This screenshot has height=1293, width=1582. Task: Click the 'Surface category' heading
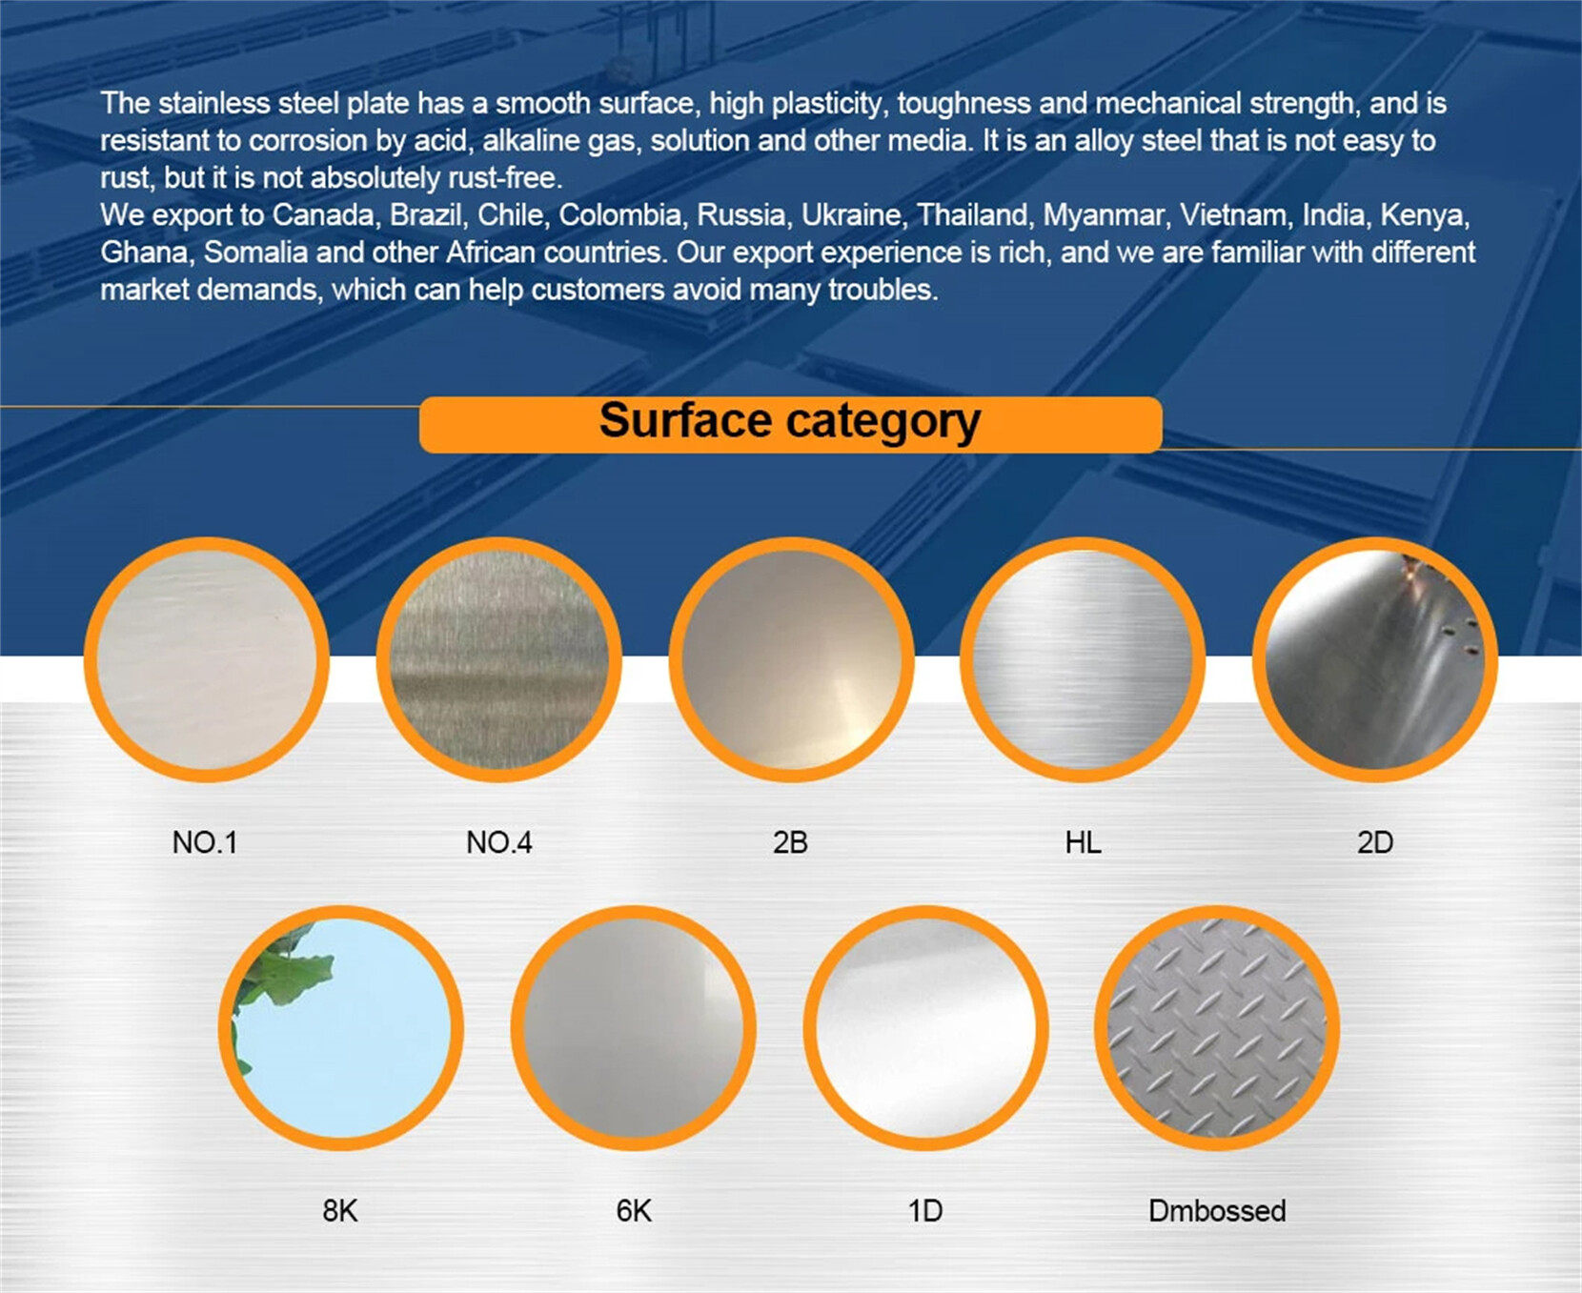[790, 421]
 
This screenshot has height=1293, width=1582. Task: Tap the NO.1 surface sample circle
[207, 659]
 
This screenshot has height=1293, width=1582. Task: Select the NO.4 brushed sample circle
[499, 659]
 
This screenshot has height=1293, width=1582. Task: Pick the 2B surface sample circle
[791, 659]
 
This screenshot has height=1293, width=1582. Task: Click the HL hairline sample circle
[1083, 659]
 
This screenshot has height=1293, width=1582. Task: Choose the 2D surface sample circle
[1374, 659]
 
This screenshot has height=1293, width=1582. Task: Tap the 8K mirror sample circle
[341, 1028]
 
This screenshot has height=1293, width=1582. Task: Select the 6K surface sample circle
[634, 1028]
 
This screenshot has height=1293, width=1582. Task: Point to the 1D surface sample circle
[925, 1028]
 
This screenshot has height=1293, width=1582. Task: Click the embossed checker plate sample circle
[1217, 1028]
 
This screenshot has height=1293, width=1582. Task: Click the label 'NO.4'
[499, 842]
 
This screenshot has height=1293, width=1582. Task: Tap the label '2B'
[790, 842]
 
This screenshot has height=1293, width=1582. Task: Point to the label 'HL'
[1084, 842]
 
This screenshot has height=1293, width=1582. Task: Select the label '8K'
[340, 1210]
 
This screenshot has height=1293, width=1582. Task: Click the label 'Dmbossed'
[1217, 1210]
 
